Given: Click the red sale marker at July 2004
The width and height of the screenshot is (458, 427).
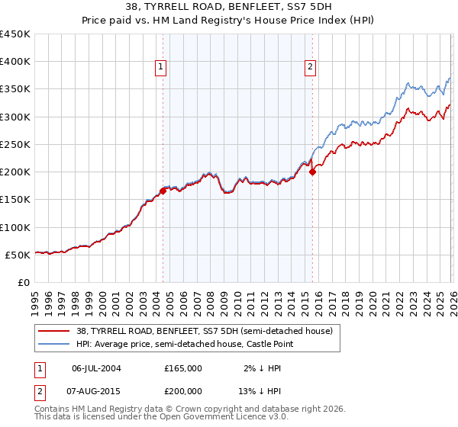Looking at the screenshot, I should pos(163,191).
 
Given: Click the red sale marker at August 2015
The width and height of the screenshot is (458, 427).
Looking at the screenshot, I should pos(312,172).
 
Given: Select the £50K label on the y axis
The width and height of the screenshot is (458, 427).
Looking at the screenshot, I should pos(18,255).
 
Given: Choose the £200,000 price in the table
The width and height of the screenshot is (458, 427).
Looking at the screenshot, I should pos(183,390).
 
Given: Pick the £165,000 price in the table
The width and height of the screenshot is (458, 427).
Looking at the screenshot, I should pos(183,368).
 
